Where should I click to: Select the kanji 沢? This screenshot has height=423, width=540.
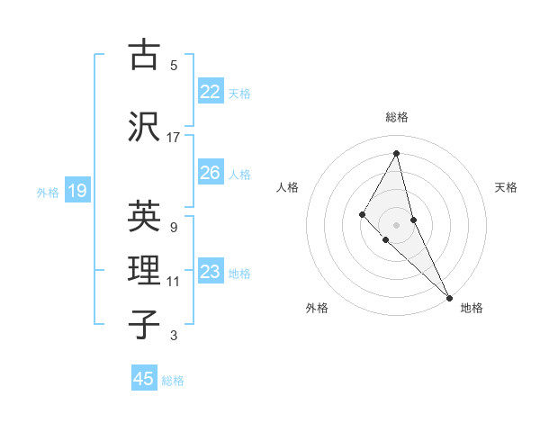[144, 125]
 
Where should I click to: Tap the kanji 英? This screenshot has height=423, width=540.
[144, 216]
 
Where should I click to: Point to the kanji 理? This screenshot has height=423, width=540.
[144, 269]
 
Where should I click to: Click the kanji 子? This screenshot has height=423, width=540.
[144, 323]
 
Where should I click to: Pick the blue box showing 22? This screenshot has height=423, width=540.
[210, 91]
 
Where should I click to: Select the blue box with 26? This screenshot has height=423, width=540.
[210, 173]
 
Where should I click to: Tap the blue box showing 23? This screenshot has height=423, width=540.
[210, 272]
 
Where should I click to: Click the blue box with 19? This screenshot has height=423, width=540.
[76, 190]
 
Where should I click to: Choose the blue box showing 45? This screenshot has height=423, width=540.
[144, 379]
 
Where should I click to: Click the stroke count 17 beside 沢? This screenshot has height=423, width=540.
[174, 138]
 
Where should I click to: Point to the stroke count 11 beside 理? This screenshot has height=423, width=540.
[174, 282]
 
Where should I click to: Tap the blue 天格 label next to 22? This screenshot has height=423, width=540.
[239, 93]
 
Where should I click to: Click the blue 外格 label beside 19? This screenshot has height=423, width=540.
[48, 192]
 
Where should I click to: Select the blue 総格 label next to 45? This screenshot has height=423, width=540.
[173, 381]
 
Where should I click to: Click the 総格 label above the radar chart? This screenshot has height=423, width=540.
[397, 117]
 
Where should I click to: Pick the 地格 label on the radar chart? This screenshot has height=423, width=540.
[472, 308]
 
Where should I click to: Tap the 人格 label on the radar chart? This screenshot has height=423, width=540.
[287, 187]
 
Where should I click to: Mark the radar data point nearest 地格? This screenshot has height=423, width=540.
[449, 296]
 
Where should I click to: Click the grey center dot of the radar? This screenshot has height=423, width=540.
[396, 224]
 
